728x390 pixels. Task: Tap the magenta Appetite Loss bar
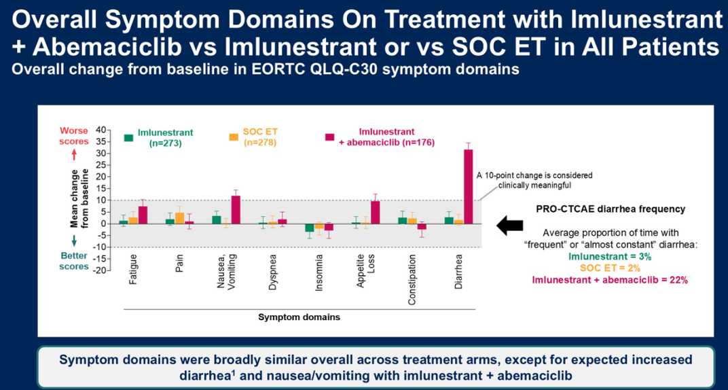coord(375,212)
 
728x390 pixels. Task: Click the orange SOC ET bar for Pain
coord(180,218)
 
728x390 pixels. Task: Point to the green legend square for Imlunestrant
coord(128,137)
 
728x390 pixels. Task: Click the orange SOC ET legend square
coord(233,137)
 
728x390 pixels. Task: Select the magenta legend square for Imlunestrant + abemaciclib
coord(329,137)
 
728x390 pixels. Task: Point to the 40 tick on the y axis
coord(103,130)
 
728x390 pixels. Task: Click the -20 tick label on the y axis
coord(101,271)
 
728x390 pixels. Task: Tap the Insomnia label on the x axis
coord(319,274)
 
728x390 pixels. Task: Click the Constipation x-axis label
coord(412,279)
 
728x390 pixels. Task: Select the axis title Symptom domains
coord(299,317)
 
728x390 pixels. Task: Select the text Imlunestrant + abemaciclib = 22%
coord(610,280)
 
